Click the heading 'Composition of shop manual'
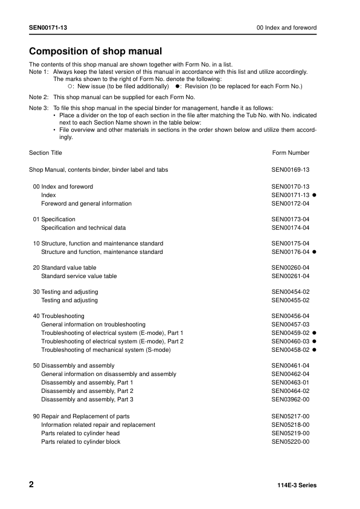[x=95, y=51]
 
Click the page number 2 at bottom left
[x=32, y=485]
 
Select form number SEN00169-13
[x=291, y=170]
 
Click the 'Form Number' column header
[x=291, y=153]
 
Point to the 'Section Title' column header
[x=45, y=153]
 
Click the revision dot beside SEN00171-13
[x=315, y=195]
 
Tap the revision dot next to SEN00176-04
[x=315, y=252]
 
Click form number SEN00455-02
[x=291, y=300]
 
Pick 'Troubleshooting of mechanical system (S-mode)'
[x=101, y=350]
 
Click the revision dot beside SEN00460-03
[x=315, y=342]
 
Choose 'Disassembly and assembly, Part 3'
[x=87, y=400]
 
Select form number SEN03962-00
[x=291, y=400]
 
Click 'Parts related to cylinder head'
[x=80, y=433]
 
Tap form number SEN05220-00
[x=291, y=442]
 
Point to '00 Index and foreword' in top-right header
[x=286, y=28]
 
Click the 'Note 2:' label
[x=39, y=97]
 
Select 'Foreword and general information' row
[x=86, y=204]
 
